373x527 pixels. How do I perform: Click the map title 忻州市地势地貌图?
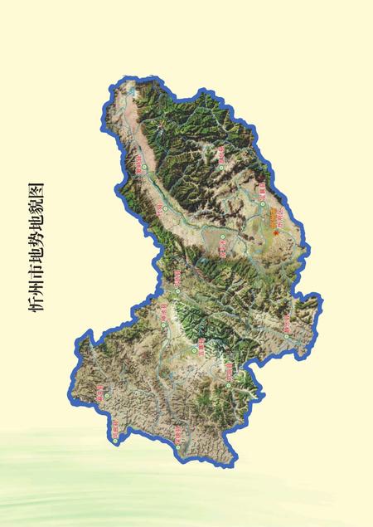[x=38, y=248]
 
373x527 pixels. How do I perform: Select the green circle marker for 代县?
[x=165, y=208]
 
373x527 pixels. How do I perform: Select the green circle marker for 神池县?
[x=163, y=320]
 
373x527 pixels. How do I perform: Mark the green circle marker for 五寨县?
[x=196, y=351]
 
